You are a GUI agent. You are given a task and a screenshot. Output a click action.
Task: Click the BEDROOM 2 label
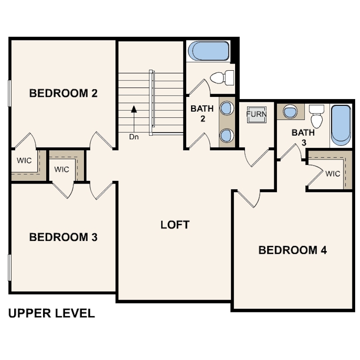[63, 93]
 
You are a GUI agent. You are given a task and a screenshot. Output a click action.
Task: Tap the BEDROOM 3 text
[63, 237]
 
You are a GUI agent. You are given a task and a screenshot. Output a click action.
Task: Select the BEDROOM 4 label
[292, 250]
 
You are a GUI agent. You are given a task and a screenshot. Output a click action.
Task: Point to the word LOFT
[175, 225]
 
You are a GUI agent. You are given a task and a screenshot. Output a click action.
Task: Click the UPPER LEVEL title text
[52, 313]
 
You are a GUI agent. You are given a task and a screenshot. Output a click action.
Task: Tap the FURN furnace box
[257, 114]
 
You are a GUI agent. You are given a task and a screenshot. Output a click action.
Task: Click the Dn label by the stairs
[134, 137]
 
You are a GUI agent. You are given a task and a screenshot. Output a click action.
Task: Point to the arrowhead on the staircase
[134, 108]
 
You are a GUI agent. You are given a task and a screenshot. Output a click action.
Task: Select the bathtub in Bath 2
[208, 51]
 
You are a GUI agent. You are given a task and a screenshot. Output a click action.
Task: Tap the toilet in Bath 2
[223, 78]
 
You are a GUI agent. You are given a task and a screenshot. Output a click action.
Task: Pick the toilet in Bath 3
[317, 116]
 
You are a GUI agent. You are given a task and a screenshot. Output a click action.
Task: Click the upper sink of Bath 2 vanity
[227, 108]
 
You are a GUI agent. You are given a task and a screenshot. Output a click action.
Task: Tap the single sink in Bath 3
[290, 112]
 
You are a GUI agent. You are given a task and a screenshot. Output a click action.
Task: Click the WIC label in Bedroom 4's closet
[332, 174]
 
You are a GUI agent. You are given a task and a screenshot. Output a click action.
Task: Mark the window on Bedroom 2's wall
[9, 93]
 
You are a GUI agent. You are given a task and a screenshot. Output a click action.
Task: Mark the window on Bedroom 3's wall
[9, 268]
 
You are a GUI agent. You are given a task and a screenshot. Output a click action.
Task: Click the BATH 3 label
[303, 137]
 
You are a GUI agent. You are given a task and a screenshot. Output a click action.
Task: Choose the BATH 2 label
[202, 114]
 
